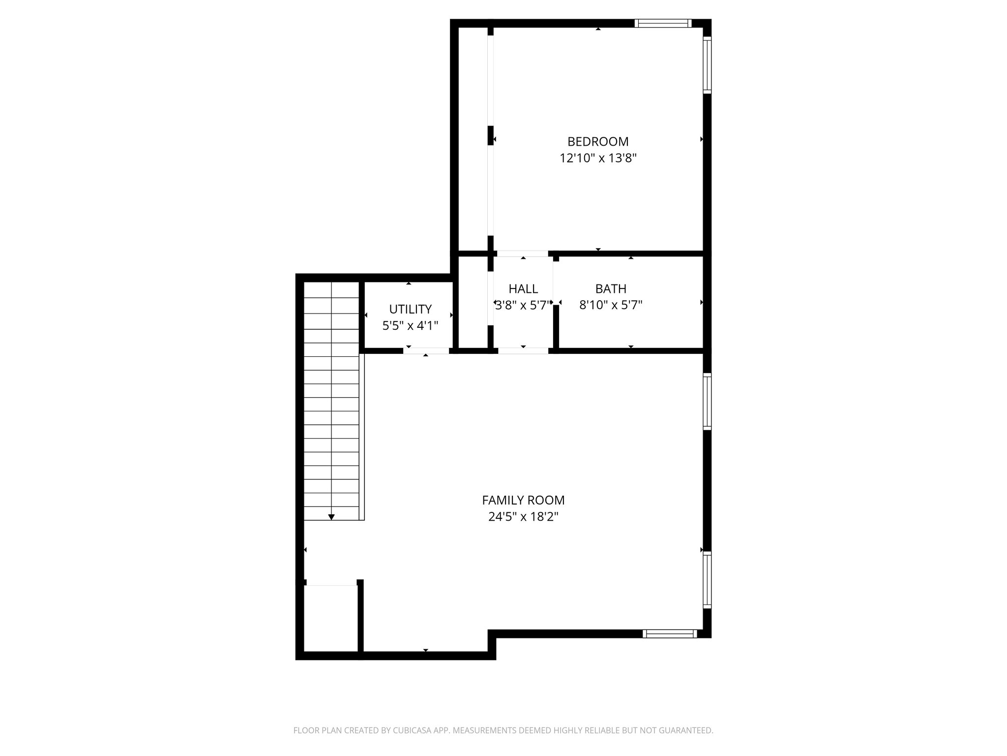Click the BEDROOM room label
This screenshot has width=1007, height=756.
598,142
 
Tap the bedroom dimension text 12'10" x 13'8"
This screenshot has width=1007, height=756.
598,158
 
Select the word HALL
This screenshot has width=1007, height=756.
523,289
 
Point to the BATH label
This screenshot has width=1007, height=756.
611,289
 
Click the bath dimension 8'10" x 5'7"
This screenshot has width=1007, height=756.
611,305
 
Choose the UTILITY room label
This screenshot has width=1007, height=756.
410,309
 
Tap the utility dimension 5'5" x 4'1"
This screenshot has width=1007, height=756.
410,325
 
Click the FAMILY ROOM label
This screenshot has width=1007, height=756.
523,501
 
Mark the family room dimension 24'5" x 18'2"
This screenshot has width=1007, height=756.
523,517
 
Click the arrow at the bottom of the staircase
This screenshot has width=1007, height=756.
331,517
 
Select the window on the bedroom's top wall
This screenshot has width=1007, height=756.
662,23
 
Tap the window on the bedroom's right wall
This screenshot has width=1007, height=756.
707,66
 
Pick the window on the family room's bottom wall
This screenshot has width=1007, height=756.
670,634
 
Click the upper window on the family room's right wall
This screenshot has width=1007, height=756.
707,401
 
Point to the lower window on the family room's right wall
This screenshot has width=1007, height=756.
707,579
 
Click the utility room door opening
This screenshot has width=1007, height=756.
426,351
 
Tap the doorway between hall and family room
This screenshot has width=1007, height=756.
523,351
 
